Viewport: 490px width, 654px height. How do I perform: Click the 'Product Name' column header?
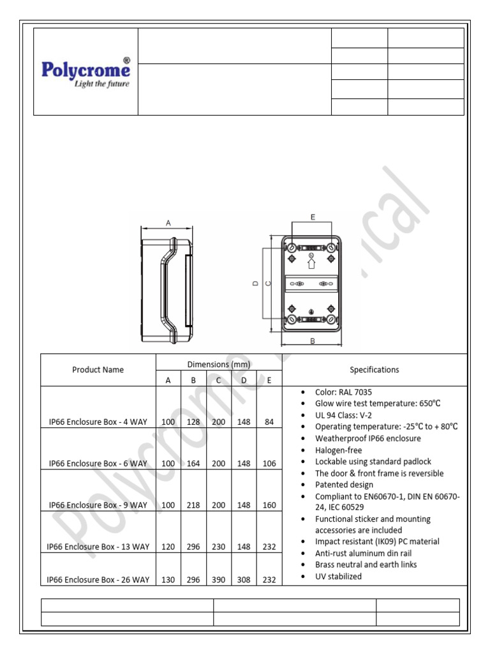point(98,369)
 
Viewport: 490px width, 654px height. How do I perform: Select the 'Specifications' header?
point(374,369)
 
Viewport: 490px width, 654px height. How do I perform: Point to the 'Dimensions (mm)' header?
point(218,364)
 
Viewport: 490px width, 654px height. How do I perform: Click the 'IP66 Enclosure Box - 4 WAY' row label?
point(98,422)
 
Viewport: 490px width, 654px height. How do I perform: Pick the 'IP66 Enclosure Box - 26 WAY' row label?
point(98,580)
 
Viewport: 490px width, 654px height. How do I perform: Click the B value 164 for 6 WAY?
point(193,464)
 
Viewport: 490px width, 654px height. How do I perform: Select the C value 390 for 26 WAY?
point(218,580)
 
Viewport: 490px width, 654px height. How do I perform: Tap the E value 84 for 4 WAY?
point(269,422)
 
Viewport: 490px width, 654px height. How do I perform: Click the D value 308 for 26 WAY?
point(244,580)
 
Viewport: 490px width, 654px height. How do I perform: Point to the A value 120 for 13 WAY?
point(168,547)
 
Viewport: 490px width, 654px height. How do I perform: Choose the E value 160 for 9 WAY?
point(269,505)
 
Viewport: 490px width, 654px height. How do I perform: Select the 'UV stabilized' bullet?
point(338,576)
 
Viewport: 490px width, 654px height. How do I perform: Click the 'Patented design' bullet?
point(345,485)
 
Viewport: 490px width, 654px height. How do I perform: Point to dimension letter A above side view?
point(168,223)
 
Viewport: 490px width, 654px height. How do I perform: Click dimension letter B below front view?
point(313,341)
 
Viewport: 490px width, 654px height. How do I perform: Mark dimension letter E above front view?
point(313,217)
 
